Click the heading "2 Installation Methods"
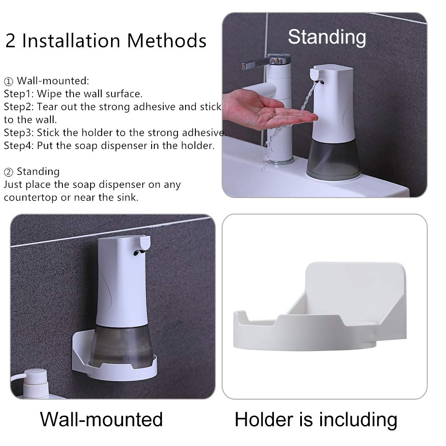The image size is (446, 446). point(106,41)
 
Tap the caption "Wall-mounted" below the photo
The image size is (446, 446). point(101,419)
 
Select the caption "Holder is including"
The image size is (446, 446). point(316,419)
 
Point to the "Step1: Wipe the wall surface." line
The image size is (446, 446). point(73,94)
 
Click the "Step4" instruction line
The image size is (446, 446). point(109,145)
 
